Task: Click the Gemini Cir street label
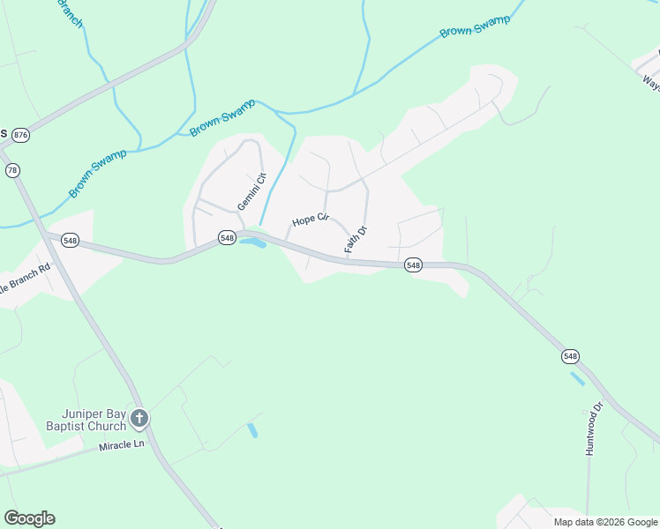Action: [251, 192]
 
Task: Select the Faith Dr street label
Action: [355, 239]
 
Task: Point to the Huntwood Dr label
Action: [593, 428]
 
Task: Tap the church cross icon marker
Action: [139, 418]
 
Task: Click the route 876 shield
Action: [22, 134]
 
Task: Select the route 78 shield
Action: [12, 170]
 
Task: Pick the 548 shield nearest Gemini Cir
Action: [227, 237]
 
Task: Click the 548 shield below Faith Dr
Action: [413, 264]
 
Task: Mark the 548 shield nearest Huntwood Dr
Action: [570, 356]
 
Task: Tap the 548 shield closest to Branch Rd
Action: [71, 240]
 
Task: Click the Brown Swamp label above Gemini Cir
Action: [221, 117]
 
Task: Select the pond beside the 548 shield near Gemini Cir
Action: [252, 242]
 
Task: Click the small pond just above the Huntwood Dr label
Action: [577, 379]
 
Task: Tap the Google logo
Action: [29, 518]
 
